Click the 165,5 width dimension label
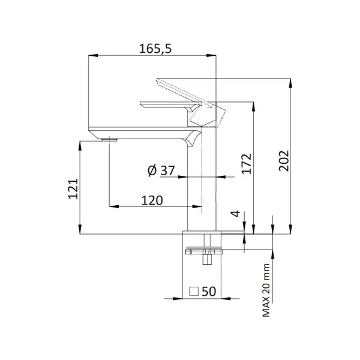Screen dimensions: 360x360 click(155, 49)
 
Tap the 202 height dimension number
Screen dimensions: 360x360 click(284, 161)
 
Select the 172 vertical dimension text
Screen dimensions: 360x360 click(247, 164)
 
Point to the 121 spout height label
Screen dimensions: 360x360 click(74, 189)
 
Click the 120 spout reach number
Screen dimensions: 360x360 click(152, 200)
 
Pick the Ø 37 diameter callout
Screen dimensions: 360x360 click(161, 170)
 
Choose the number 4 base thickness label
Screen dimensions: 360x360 click(236, 214)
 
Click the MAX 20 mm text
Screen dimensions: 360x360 click(266, 290)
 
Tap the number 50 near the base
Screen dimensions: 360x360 click(209, 292)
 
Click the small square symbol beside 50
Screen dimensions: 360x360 click(194, 292)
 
